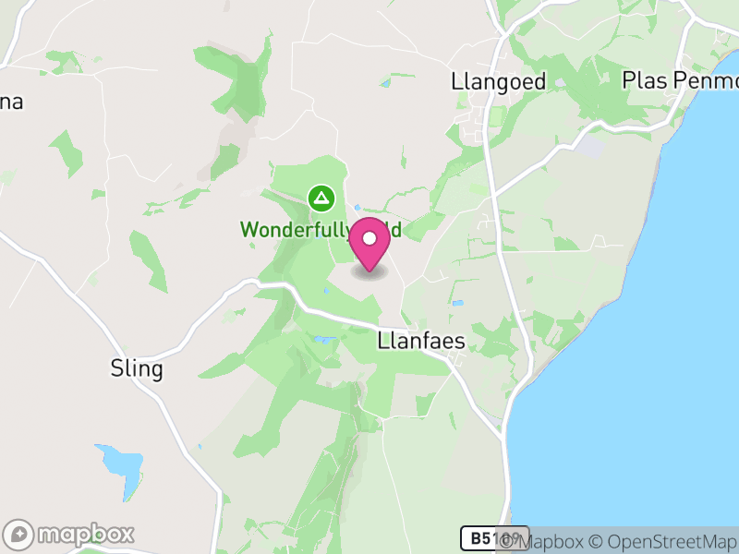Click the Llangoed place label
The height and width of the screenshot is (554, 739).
click(499, 81)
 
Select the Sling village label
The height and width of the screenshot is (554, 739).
click(136, 370)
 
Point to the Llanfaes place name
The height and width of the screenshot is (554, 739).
click(421, 342)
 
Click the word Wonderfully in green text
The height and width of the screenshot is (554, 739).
click(293, 229)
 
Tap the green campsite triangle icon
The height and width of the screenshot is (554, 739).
click(321, 198)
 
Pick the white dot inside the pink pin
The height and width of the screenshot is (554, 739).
click(369, 239)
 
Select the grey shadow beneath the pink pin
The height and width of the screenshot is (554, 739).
click(369, 272)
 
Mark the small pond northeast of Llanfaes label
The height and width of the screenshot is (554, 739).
click(457, 302)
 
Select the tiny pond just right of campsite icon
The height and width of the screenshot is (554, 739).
click(357, 208)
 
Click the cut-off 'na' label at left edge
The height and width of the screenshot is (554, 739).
click(10, 102)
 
